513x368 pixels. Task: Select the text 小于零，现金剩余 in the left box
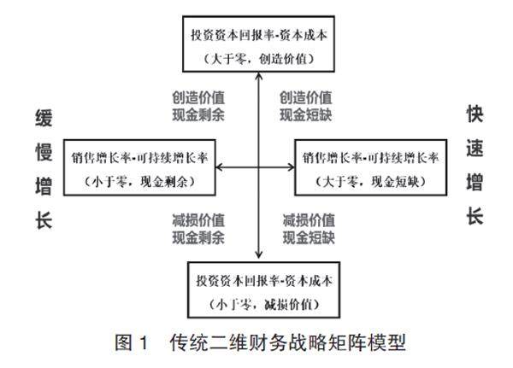click(x=140, y=181)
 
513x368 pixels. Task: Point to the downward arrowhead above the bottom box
click(x=257, y=254)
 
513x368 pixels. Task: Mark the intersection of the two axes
click(x=257, y=168)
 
